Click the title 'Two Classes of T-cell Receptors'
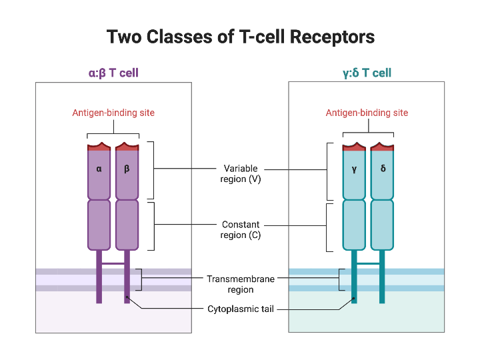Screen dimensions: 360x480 241,36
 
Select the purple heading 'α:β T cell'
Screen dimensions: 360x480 113,73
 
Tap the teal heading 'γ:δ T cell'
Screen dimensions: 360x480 366,73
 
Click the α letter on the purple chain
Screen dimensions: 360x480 99,169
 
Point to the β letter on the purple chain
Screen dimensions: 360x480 127,169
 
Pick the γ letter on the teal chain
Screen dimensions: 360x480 354,169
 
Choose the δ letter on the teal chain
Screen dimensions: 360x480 383,169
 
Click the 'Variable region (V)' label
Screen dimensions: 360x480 241,174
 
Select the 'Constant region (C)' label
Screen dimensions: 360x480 241,230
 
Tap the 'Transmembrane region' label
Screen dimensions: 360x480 241,284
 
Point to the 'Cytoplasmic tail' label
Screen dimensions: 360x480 241,309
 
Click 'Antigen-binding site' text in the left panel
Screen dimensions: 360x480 113,113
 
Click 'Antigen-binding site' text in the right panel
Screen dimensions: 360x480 367,113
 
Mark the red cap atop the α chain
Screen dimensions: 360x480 99,147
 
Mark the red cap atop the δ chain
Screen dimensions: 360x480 383,147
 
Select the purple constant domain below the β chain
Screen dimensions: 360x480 127,225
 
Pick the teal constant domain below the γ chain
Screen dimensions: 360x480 354,225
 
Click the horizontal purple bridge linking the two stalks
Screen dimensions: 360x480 113,264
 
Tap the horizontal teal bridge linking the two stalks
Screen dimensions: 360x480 368,264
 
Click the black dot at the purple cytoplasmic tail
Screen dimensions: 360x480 127,299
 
